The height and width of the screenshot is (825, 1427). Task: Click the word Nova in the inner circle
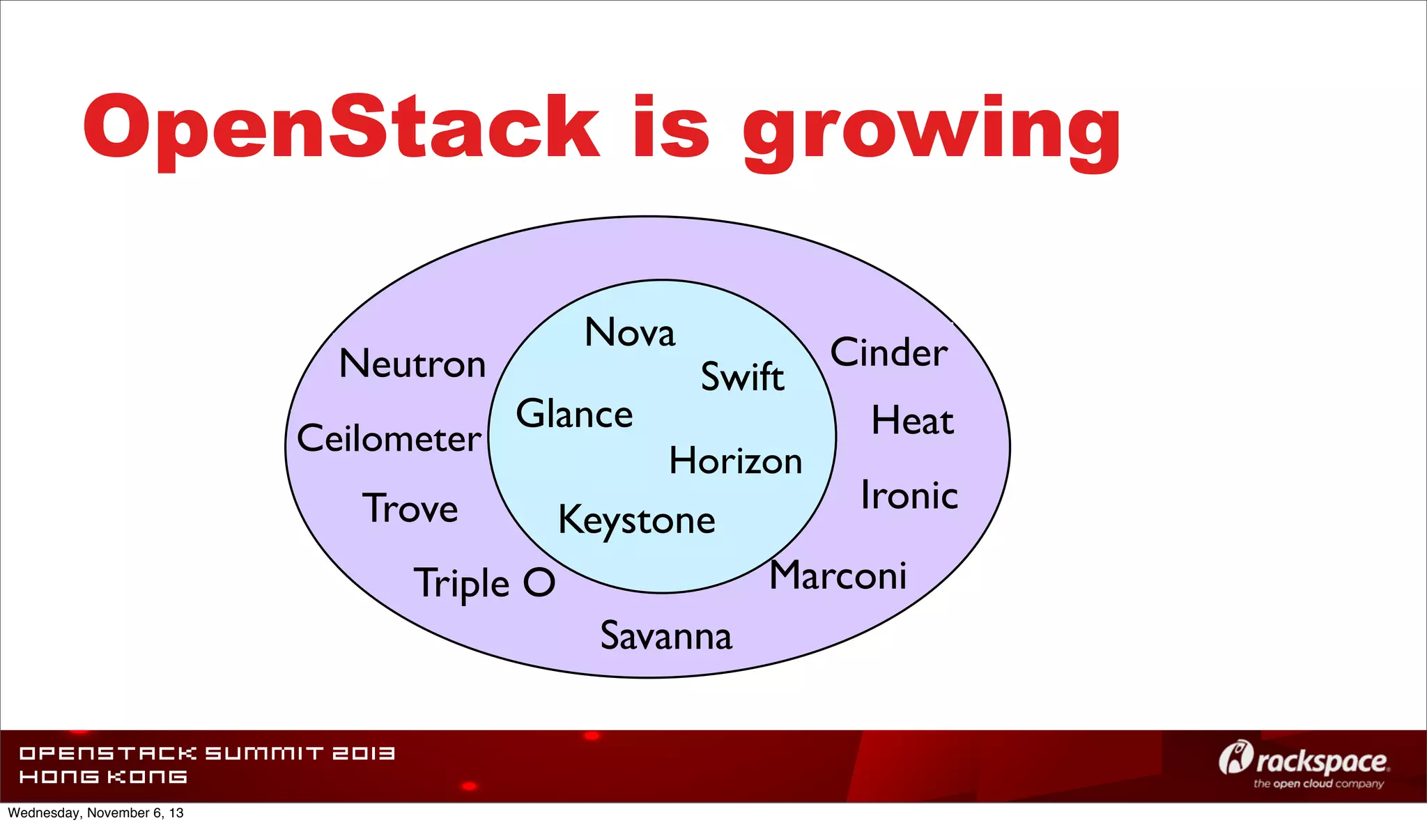630,332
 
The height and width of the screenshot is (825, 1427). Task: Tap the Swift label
742,377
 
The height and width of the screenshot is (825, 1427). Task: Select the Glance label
574,414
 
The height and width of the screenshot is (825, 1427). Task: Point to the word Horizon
736,461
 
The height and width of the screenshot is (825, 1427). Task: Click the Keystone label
636,521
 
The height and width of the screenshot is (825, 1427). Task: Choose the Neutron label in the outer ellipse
412,364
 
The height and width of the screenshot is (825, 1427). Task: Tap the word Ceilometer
389,438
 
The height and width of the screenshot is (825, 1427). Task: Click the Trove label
410,508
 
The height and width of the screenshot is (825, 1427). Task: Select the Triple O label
485,583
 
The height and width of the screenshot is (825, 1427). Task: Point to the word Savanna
666,635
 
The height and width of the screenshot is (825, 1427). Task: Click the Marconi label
838,576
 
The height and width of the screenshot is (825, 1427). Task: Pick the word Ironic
909,495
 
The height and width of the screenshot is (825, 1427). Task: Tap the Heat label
912,420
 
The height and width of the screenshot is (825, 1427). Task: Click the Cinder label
889,353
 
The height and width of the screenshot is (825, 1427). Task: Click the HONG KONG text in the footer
103,777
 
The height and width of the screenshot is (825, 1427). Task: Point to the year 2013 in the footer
363,753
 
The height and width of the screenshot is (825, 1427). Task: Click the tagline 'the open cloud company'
1318,784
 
